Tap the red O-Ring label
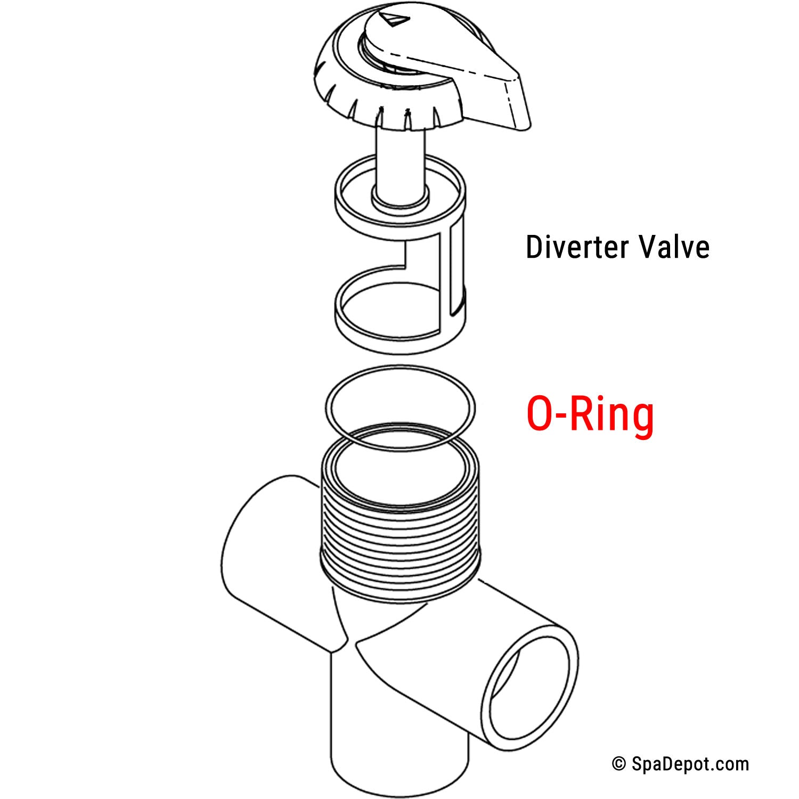(590, 414)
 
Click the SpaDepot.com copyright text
(690, 764)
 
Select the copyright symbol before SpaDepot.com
(619, 764)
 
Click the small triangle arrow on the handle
(396, 21)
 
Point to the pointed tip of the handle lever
(525, 125)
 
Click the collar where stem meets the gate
(400, 200)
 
